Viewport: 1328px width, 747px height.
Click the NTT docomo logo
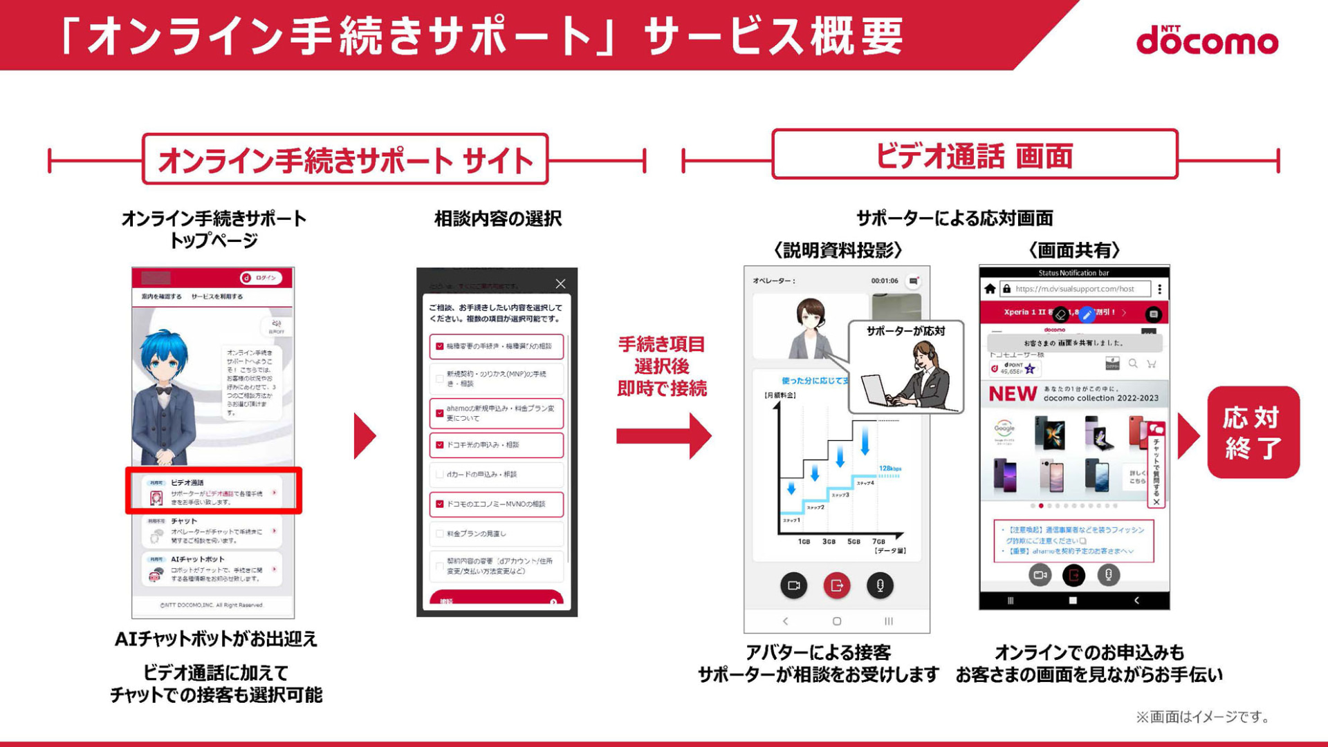point(1207,40)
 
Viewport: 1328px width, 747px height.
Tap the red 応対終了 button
point(1253,433)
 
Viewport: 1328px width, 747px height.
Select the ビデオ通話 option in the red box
point(213,491)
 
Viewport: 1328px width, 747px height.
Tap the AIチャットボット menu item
point(213,568)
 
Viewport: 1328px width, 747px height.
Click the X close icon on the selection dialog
point(560,284)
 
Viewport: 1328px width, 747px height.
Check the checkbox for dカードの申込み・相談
point(439,475)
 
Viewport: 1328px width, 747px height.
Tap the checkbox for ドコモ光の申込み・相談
point(439,445)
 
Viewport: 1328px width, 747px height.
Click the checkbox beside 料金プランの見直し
point(439,533)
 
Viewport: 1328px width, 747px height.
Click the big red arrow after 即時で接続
point(664,436)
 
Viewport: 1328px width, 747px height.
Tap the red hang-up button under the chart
point(837,586)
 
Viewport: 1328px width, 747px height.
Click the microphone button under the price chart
point(880,586)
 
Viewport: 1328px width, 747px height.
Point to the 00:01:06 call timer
point(885,281)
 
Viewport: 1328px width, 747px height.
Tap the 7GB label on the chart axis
point(878,542)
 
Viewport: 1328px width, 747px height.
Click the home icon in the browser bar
point(990,289)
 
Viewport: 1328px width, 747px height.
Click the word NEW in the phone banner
point(1013,394)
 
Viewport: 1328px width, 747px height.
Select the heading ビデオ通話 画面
point(975,156)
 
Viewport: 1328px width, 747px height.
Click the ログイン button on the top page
point(261,278)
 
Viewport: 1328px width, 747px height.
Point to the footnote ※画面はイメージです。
point(1203,717)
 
